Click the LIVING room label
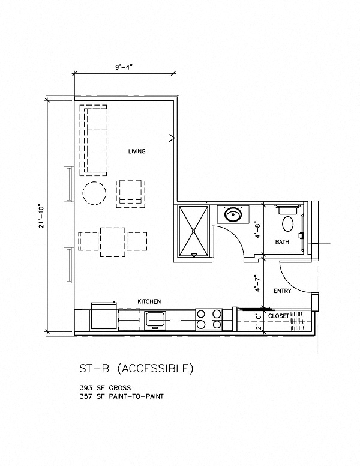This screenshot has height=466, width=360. [137, 151]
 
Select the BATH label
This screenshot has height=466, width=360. [283, 243]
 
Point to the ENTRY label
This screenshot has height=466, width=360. [282, 291]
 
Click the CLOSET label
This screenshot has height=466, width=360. [278, 315]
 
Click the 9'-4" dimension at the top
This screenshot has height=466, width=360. [124, 68]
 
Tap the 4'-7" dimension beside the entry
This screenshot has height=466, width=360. [256, 282]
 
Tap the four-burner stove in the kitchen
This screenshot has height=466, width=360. [209, 318]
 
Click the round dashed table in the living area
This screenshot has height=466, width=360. [94, 193]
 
